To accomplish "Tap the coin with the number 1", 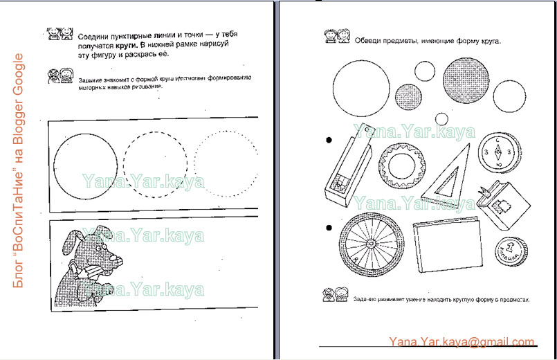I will pyautogui.click(x=509, y=251).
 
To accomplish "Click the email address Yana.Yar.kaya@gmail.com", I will pyautogui.click(x=462, y=341).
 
